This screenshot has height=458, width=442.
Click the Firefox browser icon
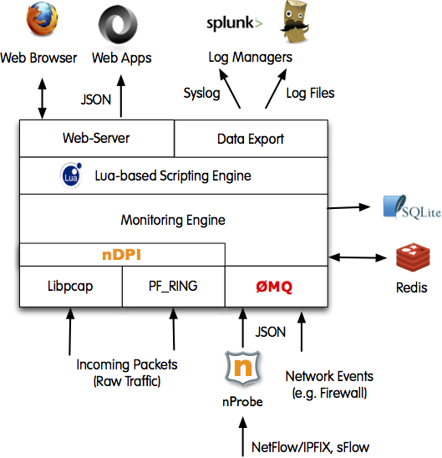pyautogui.click(x=42, y=20)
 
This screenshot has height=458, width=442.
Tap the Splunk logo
pyautogui.click(x=235, y=23)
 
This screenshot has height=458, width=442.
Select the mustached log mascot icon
pyautogui.click(x=295, y=22)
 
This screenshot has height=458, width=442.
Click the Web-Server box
pyautogui.click(x=97, y=138)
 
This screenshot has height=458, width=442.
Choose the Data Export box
pyautogui.click(x=251, y=139)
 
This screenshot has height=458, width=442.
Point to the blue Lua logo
pyautogui.click(x=71, y=176)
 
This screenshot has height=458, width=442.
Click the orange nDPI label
pyautogui.click(x=121, y=255)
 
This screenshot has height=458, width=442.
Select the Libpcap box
pyautogui.click(x=71, y=286)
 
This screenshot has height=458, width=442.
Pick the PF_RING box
pyautogui.click(x=174, y=286)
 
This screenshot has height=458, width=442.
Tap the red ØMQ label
pyautogui.click(x=274, y=287)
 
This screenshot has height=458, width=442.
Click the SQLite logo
pyautogui.click(x=412, y=207)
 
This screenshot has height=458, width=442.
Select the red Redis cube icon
pyautogui.click(x=413, y=257)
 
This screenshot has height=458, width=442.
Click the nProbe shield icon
pyautogui.click(x=243, y=368)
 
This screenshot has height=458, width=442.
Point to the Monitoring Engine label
pyautogui.click(x=173, y=220)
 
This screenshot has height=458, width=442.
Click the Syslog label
pyautogui.click(x=201, y=94)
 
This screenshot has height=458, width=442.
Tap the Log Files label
pyautogui.click(x=310, y=93)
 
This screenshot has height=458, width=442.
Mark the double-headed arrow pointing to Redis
pyautogui.click(x=358, y=257)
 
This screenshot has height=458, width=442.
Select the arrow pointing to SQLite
pyautogui.click(x=349, y=207)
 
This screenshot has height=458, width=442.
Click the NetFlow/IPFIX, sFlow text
pyautogui.click(x=310, y=447)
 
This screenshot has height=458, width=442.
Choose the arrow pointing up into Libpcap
pyautogui.click(x=70, y=332)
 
